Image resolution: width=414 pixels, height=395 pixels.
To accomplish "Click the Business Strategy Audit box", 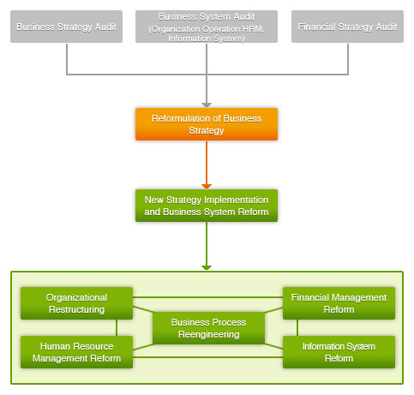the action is pyautogui.click(x=66, y=27).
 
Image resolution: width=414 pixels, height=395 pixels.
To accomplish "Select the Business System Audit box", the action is pyautogui.click(x=207, y=27).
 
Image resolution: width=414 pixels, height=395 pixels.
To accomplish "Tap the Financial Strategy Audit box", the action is pyautogui.click(x=347, y=27).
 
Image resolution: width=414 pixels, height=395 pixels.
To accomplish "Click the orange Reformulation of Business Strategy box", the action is pyautogui.click(x=207, y=124).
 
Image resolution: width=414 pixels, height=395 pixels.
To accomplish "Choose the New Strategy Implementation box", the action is pyautogui.click(x=207, y=206).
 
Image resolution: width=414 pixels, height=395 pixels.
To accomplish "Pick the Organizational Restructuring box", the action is pyautogui.click(x=76, y=303).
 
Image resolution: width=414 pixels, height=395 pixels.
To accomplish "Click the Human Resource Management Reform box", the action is pyautogui.click(x=76, y=352).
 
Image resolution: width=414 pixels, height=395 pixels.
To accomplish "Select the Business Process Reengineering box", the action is pyautogui.click(x=208, y=328).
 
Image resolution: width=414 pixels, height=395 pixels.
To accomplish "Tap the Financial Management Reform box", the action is pyautogui.click(x=339, y=303).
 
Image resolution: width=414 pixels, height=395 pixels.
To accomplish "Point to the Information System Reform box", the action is pyautogui.click(x=339, y=352).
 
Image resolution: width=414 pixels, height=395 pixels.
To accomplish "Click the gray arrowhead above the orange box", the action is pyautogui.click(x=207, y=105).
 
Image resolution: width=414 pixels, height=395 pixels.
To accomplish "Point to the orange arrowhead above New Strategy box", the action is pyautogui.click(x=207, y=187).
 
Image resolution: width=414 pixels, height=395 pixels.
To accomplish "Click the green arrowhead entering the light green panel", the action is pyautogui.click(x=207, y=268).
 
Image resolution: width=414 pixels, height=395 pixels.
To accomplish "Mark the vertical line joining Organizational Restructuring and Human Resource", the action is pyautogui.click(x=117, y=327).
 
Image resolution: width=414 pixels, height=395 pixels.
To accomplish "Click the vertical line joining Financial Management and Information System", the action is pyautogui.click(x=297, y=327).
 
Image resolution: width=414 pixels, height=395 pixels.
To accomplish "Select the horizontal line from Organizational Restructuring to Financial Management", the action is pyautogui.click(x=207, y=297).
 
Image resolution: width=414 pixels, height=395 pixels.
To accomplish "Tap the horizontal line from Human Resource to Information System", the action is pyautogui.click(x=207, y=357).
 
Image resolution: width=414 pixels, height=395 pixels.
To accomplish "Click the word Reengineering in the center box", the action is pyautogui.click(x=208, y=334).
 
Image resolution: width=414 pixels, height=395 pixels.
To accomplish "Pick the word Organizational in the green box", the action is pyautogui.click(x=76, y=297).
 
